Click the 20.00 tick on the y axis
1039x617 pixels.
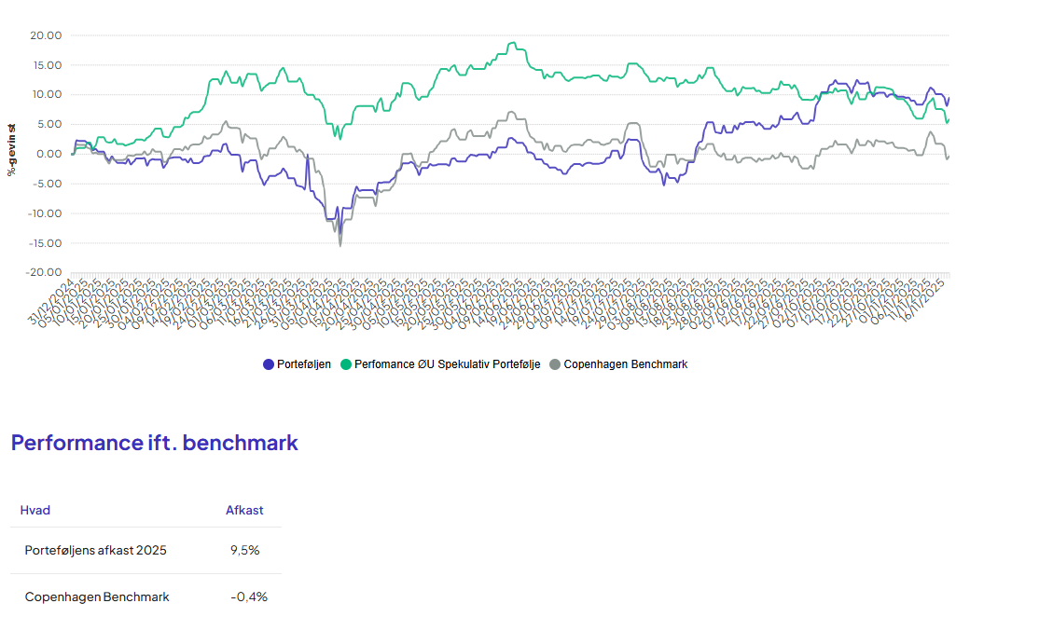(x=47, y=35)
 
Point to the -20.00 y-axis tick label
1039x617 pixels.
(x=45, y=273)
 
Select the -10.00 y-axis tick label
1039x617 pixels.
(x=45, y=213)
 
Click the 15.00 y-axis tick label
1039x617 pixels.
(x=47, y=65)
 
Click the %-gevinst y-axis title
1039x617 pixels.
(x=12, y=149)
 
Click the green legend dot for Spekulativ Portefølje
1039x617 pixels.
(x=346, y=364)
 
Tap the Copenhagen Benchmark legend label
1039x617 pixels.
(x=625, y=364)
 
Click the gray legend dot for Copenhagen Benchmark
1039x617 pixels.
(x=556, y=364)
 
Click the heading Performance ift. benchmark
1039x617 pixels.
(x=155, y=443)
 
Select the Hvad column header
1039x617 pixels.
(x=35, y=510)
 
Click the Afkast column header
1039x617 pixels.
(x=244, y=510)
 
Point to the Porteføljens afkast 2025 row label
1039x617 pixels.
(x=96, y=550)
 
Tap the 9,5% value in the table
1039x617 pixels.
(x=244, y=550)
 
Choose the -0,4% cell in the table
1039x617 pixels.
(x=249, y=596)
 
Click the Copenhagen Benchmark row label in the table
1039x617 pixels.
(x=97, y=596)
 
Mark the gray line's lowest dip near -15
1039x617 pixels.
(x=340, y=245)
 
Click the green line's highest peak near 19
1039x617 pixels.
(x=512, y=43)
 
